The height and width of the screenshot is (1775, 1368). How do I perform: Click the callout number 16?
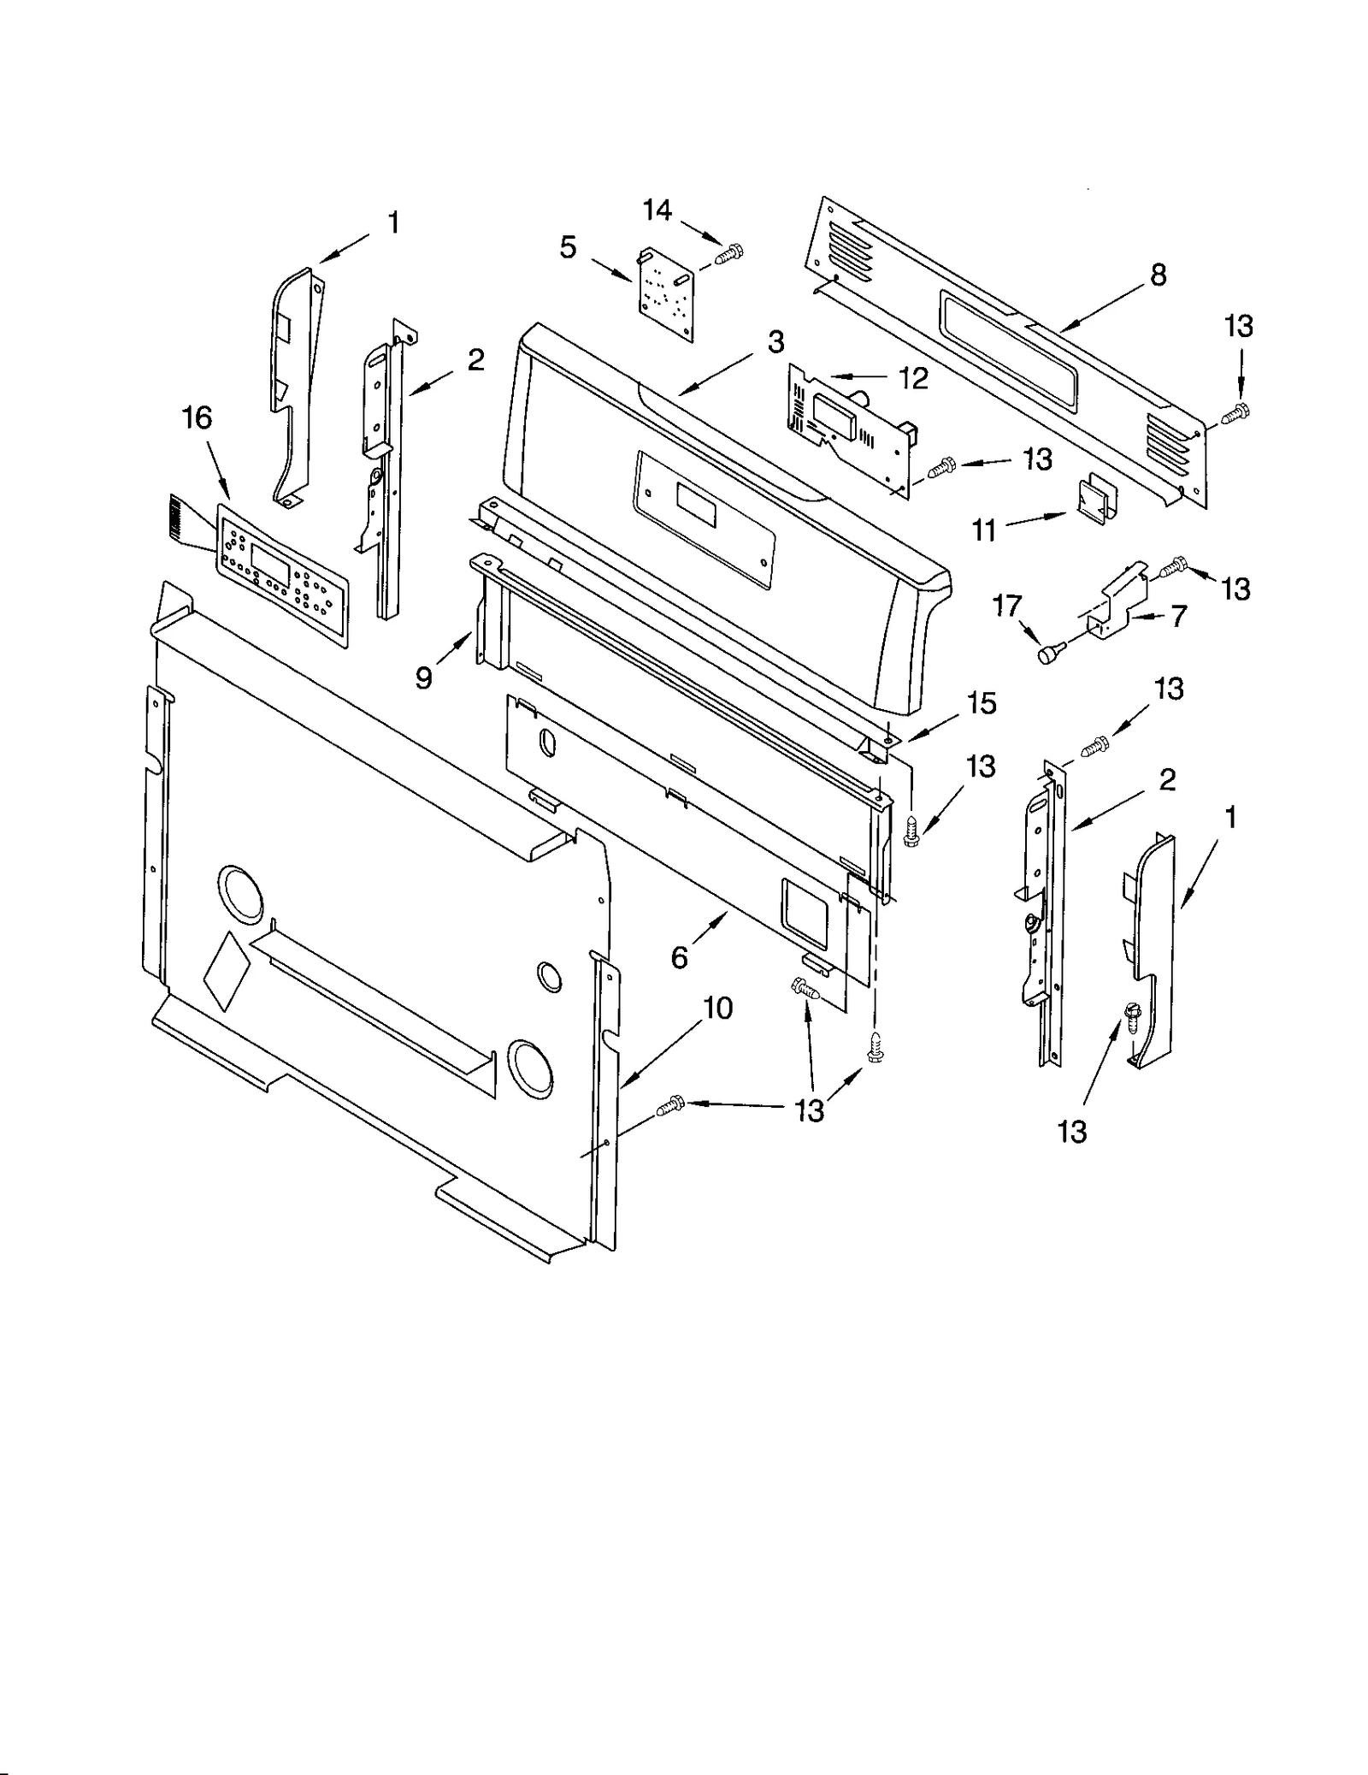tap(197, 418)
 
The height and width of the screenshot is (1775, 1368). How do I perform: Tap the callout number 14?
tap(657, 210)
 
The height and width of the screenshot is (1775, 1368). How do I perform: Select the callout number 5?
tap(569, 248)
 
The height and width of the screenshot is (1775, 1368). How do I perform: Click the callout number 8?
tap(1158, 275)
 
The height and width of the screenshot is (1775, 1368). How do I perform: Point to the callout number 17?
tap(1007, 606)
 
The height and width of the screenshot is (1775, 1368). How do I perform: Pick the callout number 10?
tap(718, 1009)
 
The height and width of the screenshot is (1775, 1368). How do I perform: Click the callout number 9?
tap(424, 677)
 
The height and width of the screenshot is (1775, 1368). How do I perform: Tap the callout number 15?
tap(982, 703)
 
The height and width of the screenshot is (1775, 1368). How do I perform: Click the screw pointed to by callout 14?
tap(729, 253)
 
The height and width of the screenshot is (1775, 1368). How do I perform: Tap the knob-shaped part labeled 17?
tap(1048, 655)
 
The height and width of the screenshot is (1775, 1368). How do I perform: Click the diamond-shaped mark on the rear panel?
tap(227, 967)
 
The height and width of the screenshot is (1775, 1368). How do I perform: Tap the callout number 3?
tap(775, 342)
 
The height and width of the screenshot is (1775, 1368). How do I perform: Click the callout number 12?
tap(913, 377)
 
